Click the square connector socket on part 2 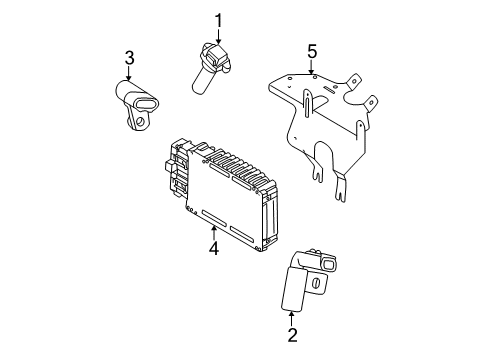point(325,265)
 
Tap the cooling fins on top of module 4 point(240,159)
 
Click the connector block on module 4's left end point(174,173)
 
